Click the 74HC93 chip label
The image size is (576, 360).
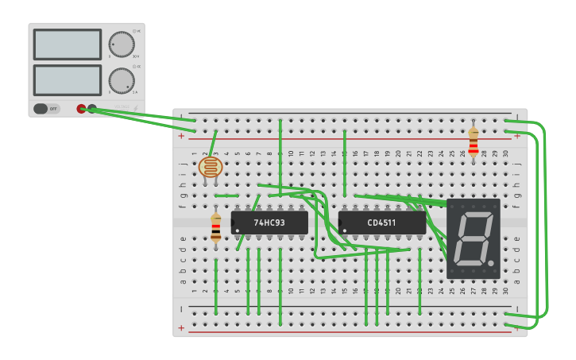pyautogui.click(x=269, y=223)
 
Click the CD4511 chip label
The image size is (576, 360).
pyautogui.click(x=383, y=223)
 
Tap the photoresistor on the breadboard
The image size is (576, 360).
pyautogui.click(x=211, y=167)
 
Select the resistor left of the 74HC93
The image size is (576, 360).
pyautogui.click(x=216, y=228)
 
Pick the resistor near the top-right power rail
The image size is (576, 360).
pyautogui.click(x=474, y=143)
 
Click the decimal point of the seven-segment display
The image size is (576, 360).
pyautogui.click(x=493, y=262)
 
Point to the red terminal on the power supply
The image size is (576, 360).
pyautogui.click(x=81, y=109)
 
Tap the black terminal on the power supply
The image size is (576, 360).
pyautogui.click(x=92, y=109)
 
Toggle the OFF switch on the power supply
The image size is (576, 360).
pyautogui.click(x=46, y=109)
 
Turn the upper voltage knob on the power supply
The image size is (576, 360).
pyautogui.click(x=122, y=45)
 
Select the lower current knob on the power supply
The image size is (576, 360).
pyautogui.click(x=121, y=80)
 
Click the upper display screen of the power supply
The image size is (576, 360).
pyautogui.click(x=68, y=45)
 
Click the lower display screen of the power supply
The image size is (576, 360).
pyautogui.click(x=68, y=80)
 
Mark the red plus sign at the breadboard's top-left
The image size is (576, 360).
pyautogui.click(x=181, y=136)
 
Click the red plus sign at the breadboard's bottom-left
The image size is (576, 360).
pyautogui.click(x=181, y=327)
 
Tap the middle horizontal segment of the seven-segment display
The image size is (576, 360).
pyautogui.click(x=473, y=237)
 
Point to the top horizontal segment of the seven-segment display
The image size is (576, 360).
pyautogui.click(x=476, y=214)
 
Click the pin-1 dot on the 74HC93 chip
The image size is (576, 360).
pyautogui.click(x=238, y=230)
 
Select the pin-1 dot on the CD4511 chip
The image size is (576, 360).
pyautogui.click(x=345, y=230)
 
